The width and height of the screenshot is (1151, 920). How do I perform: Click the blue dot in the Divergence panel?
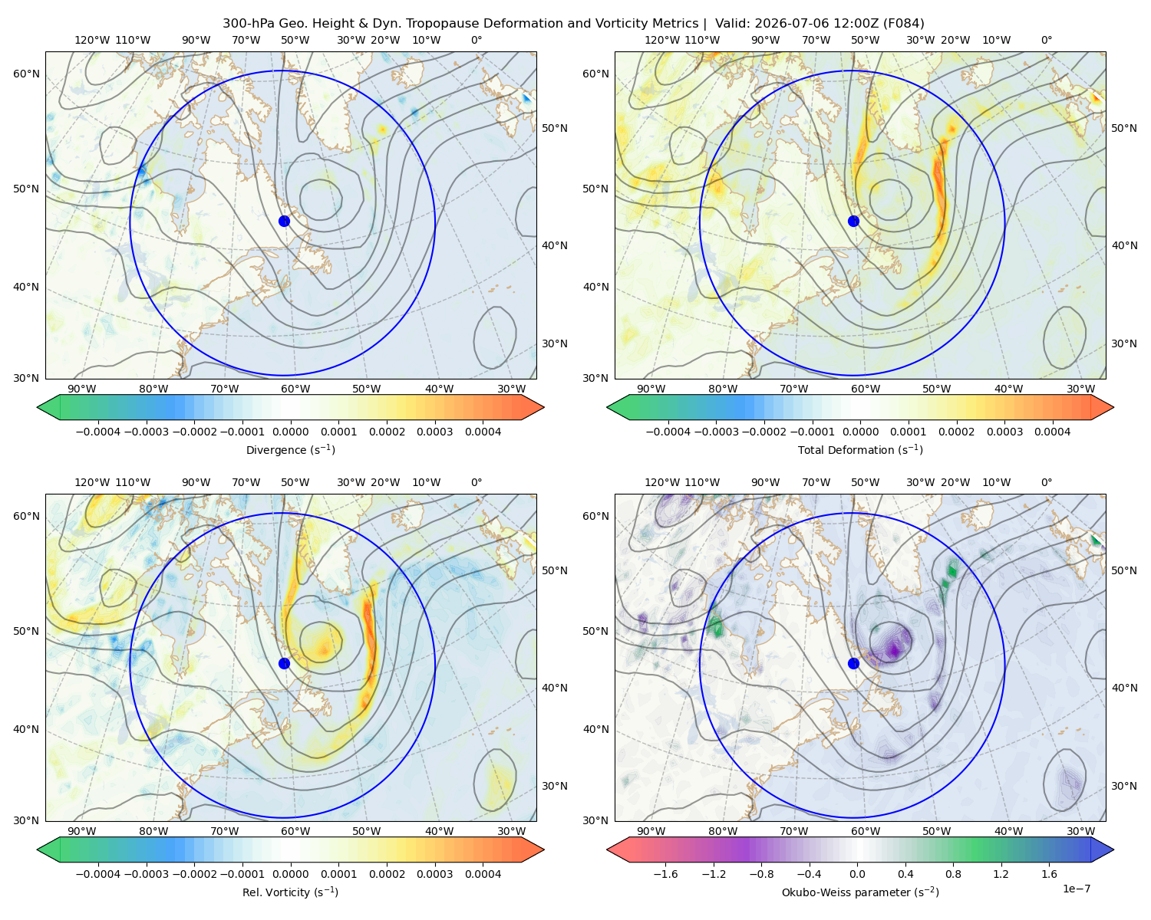(284, 221)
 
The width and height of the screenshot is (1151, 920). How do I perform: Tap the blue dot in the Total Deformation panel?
(853, 221)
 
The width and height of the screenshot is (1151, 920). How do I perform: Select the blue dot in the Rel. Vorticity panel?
(284, 663)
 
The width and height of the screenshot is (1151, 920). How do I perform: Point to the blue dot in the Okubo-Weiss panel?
(853, 663)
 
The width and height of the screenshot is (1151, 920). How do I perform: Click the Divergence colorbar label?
(290, 449)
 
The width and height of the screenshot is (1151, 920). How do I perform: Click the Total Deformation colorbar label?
(860, 449)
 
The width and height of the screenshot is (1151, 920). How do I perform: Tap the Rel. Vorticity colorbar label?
(290, 892)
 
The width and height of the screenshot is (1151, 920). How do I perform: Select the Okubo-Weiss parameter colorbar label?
(860, 892)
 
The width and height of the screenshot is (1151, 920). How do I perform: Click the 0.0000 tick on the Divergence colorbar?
(290, 432)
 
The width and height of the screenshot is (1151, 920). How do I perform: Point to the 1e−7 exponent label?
(1076, 889)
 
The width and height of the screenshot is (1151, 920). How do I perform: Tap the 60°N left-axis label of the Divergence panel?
(26, 74)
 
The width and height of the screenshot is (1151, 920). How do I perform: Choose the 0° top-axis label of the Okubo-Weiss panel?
(1046, 481)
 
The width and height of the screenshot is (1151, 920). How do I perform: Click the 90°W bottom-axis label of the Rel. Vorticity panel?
(82, 831)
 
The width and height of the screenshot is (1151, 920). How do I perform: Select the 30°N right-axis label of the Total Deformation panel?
(1124, 343)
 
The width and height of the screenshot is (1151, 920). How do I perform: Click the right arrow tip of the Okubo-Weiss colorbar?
(1113, 849)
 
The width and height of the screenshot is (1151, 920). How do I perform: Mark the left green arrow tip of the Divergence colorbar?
(38, 407)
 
